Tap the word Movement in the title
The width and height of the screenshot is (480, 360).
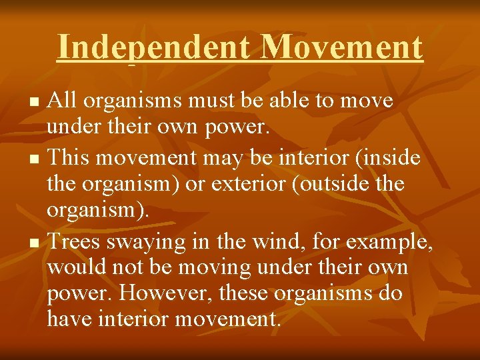coord(342,47)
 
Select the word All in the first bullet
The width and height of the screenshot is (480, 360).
coord(64,101)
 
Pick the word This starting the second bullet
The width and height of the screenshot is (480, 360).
coord(69,157)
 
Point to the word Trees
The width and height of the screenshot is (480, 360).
coord(75,241)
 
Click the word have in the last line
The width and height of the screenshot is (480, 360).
coord(69,319)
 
